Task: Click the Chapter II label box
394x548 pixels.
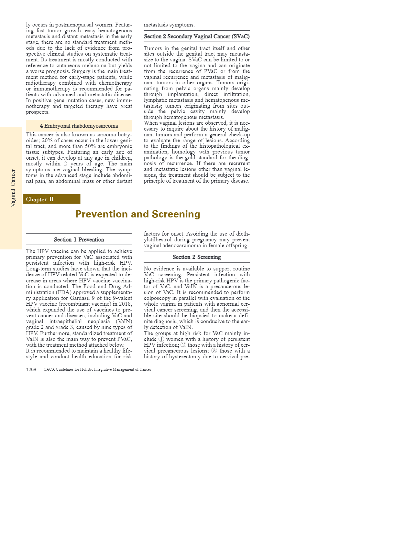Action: coord(52,199)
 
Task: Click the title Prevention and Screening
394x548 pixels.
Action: coord(138,214)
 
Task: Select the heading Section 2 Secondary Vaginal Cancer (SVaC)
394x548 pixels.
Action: coord(197,37)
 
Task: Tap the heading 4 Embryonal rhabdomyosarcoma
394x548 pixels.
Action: coord(79,126)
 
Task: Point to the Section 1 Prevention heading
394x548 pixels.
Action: coord(79,240)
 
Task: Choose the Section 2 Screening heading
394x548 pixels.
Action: coord(197,257)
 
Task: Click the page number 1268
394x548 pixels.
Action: coord(31,369)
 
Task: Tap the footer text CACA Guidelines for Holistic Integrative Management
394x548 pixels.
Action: coord(97,369)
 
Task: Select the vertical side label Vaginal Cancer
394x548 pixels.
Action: coord(13,188)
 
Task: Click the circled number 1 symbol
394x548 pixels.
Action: coord(161,339)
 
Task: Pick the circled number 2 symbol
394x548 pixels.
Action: coord(183,345)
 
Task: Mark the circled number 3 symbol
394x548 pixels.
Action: coord(214,351)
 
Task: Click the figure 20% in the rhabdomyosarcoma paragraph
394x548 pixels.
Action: coord(47,141)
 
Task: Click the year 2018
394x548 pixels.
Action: coord(124,304)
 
